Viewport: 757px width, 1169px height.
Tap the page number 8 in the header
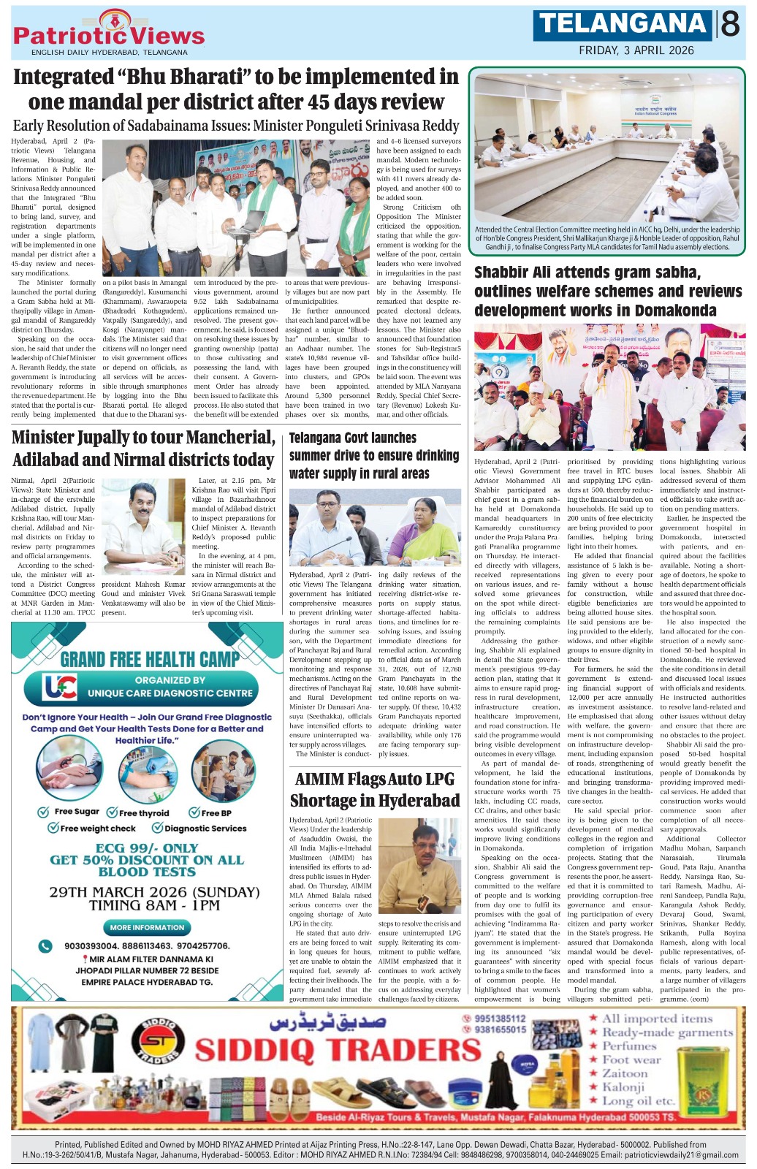click(x=730, y=25)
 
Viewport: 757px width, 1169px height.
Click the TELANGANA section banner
click(x=623, y=24)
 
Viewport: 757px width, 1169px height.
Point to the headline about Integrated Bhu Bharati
click(x=236, y=88)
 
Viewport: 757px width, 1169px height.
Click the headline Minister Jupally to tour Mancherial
click(x=143, y=448)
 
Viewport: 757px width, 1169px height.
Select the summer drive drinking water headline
click(x=374, y=455)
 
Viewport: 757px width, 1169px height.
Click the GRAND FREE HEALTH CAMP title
click(x=150, y=659)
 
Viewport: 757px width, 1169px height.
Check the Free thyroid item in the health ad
click(x=138, y=812)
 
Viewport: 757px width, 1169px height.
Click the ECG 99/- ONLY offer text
click(x=147, y=848)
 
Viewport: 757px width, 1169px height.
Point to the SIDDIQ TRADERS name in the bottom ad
click(x=338, y=1050)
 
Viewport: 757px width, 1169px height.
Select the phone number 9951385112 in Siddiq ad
click(x=499, y=1018)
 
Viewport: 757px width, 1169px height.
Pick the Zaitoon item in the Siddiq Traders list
click(x=625, y=1073)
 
